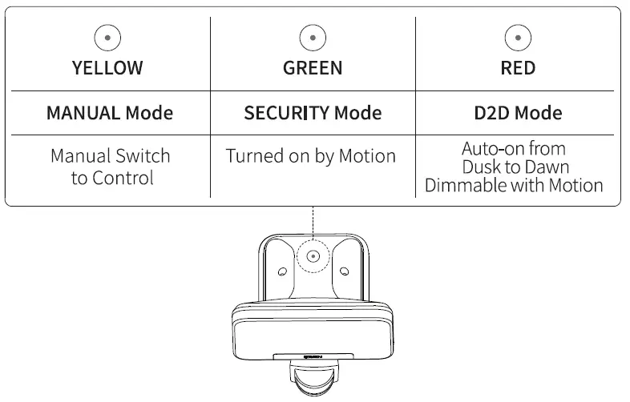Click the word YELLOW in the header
[x=107, y=68]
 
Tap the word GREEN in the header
[x=313, y=68]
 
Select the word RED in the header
[x=518, y=68]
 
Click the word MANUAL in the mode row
[x=83, y=113]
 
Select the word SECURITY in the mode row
[x=286, y=113]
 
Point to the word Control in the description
[x=123, y=178]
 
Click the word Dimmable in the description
[x=466, y=186]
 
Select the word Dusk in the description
[x=480, y=167]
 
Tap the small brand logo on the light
[x=313, y=356]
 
